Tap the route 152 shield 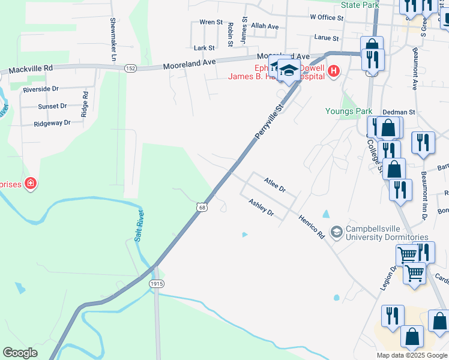[130, 68]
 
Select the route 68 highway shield [202, 207]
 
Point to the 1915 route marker [157, 283]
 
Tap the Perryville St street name [268, 122]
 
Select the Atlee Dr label [275, 184]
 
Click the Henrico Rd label [312, 227]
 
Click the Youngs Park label [349, 111]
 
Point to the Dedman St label [399, 112]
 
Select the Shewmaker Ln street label [112, 38]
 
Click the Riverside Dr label [40, 89]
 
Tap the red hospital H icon [333, 73]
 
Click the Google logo [20, 353]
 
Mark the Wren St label [211, 22]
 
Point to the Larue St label [327, 37]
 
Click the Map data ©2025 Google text [411, 355]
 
